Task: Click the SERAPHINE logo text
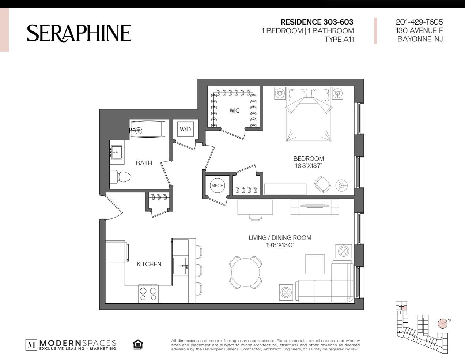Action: [x=79, y=33]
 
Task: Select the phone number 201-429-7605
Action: [x=419, y=22]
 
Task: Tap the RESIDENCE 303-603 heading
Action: [x=317, y=22]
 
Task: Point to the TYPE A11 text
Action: [x=339, y=39]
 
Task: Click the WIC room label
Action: [x=235, y=110]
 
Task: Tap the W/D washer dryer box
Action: [x=185, y=129]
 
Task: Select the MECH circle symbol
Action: [x=218, y=185]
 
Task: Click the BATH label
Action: [x=144, y=163]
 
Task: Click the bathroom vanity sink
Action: [x=116, y=152]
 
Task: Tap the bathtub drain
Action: [x=139, y=130]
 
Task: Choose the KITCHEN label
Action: [x=149, y=264]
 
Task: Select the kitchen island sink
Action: [x=180, y=266]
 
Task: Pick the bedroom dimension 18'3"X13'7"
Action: [x=309, y=165]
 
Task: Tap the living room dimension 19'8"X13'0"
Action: [x=280, y=245]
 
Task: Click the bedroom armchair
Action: [x=322, y=184]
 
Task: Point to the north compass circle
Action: [x=443, y=323]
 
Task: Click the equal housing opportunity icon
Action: [x=138, y=344]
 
